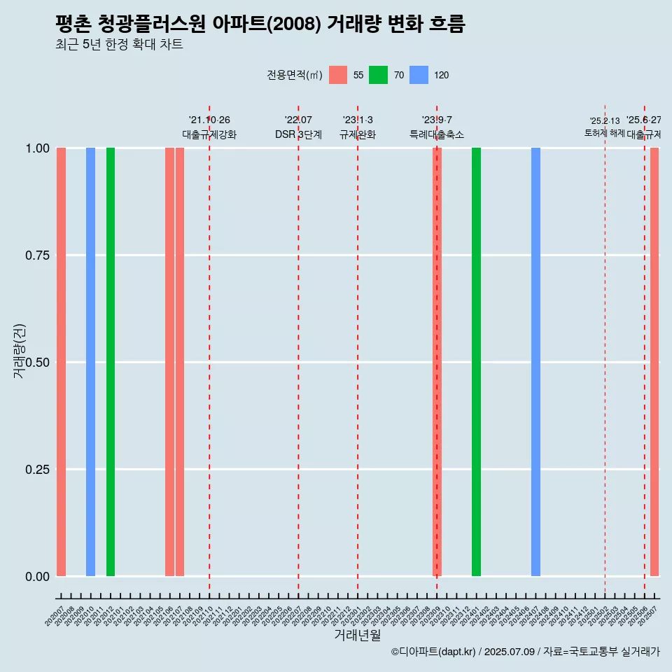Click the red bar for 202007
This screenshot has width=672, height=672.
pos(61,362)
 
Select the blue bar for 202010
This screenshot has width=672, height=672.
pos(90,362)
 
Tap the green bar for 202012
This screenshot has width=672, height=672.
pos(111,362)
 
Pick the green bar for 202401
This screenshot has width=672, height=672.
pos(476,362)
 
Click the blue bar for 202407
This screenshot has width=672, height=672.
pos(535,362)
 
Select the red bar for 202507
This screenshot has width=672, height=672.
pos(654,362)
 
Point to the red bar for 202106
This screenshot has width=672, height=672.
pos(169,362)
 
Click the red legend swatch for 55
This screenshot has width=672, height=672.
pos(338,75)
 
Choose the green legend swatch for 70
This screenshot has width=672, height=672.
pos(378,75)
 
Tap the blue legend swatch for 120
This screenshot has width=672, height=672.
pos(419,75)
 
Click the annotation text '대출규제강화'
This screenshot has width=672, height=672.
pos(209,134)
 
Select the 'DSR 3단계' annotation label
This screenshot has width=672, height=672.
pos(298,134)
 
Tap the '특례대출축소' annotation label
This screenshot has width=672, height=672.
pos(437,134)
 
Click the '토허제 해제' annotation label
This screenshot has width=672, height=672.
pos(604,133)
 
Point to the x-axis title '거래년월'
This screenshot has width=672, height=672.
pos(358,635)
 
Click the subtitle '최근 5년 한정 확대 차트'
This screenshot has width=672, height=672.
pos(119,45)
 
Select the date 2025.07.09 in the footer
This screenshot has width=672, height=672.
pos(510,652)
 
